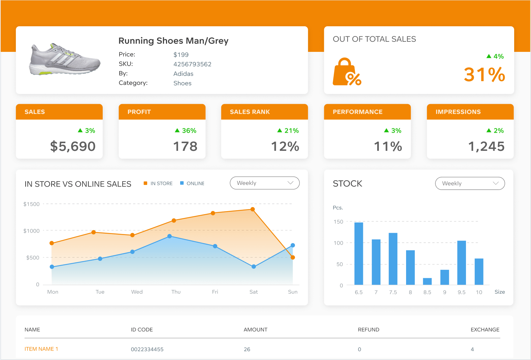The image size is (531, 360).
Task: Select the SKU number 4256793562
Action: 192,64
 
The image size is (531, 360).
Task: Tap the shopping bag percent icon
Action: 346,72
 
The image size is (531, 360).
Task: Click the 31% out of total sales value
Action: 484,75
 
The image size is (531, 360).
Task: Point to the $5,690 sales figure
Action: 73,146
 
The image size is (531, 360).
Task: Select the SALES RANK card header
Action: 264,112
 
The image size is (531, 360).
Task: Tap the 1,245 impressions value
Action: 486,146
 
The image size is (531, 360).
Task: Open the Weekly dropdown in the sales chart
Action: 265,183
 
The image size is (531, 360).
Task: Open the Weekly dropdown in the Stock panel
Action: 470,184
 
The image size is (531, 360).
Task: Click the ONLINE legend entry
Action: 192,184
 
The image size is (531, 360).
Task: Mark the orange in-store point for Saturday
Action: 253,209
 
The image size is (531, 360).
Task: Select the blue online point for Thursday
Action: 170,236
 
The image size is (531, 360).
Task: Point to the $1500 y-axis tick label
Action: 31,204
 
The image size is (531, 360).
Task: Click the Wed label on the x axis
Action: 137,292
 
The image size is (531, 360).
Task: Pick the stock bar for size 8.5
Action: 427,282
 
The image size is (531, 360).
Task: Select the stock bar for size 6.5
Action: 359,254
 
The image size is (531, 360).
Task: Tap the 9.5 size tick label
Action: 462,292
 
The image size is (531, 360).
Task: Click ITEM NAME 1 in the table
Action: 41,349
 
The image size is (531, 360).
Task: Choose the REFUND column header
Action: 368,330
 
